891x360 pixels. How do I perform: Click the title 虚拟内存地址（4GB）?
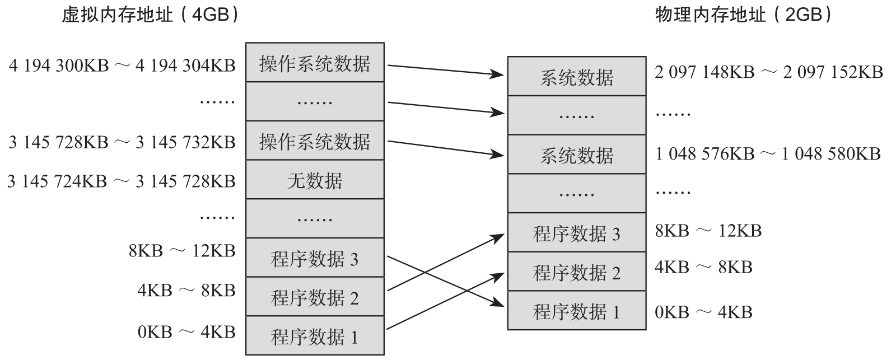coord(150,15)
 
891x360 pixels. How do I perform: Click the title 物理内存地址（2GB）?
coord(743,15)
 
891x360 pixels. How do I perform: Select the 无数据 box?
coord(315,180)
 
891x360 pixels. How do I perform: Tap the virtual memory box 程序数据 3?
coord(315,259)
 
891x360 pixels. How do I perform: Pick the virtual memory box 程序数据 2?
coord(315,297)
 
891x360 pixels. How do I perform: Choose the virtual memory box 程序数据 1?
coord(315,336)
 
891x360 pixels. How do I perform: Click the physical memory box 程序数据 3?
coord(576,233)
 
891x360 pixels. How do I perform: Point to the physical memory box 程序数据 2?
coord(576,272)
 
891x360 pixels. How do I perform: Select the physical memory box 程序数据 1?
coord(576,311)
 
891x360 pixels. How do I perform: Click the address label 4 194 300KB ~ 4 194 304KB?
coord(122,66)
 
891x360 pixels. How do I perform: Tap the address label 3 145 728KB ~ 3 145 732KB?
coord(122,142)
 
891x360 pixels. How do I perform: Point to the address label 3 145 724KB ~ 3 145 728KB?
coord(122,181)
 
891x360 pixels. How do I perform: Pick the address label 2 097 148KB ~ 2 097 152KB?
coord(768,72)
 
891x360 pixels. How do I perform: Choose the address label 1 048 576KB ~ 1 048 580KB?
coord(768,153)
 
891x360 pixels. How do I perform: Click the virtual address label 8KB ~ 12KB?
coord(182,250)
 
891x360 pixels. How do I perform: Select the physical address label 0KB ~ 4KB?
coord(703,312)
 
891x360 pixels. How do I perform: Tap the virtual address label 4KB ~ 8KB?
coord(186,290)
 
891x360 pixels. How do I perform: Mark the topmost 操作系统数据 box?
coord(315,63)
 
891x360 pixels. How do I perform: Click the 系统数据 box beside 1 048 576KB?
coord(576,155)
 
